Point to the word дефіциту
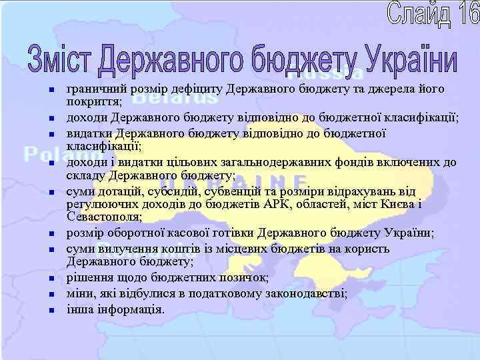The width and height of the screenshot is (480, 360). click(195, 89)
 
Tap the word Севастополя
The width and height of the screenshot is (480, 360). click(103, 217)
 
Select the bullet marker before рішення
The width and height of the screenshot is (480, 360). click(51, 278)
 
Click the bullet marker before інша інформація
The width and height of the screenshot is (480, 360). click(51, 310)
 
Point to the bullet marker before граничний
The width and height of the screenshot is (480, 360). click(51, 89)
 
